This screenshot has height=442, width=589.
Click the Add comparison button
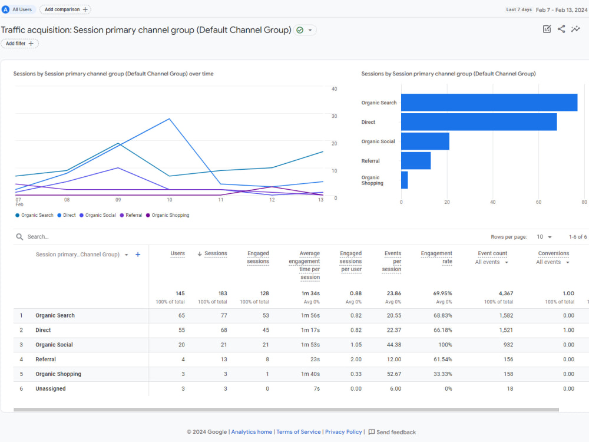pos(65,9)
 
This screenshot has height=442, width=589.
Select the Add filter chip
pos(19,44)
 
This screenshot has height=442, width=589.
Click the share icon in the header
pos(561,29)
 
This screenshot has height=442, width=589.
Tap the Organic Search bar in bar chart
pos(489,102)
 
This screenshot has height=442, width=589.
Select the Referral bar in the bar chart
pos(416,160)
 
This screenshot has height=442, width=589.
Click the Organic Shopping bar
pos(405,180)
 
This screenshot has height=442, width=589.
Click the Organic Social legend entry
pos(98,215)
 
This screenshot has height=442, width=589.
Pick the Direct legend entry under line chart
pos(67,215)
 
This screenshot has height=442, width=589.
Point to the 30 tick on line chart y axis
pos(335,116)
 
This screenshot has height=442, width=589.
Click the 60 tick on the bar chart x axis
pos(539,202)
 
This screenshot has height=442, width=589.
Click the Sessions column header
pos(216,253)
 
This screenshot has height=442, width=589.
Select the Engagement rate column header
pos(436,258)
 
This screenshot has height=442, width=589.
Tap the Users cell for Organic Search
pos(181,315)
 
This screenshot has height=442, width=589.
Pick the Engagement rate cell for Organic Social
pos(445,345)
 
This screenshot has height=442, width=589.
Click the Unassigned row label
pos(50,388)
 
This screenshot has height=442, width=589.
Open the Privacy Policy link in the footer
pos(343,432)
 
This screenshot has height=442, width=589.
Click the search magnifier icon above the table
pos(19,237)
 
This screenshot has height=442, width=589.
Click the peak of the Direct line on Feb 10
pos(170,119)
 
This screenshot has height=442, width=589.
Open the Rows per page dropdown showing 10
pos(544,237)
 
